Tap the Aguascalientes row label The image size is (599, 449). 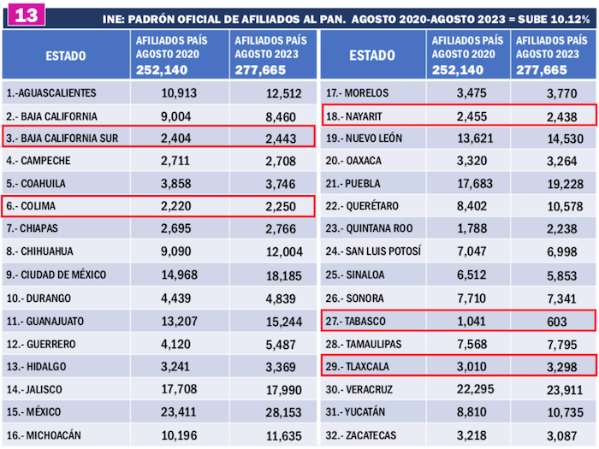[x=50, y=92]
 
